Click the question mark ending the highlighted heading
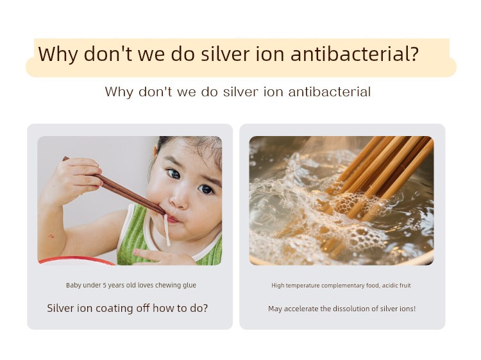[x=414, y=54]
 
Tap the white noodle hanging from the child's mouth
[x=167, y=230]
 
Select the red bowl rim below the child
[x=77, y=261]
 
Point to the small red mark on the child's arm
[x=51, y=236]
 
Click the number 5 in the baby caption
[x=105, y=286]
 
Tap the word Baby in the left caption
[x=74, y=286]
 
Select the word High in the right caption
[x=278, y=286]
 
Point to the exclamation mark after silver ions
[x=415, y=309]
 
